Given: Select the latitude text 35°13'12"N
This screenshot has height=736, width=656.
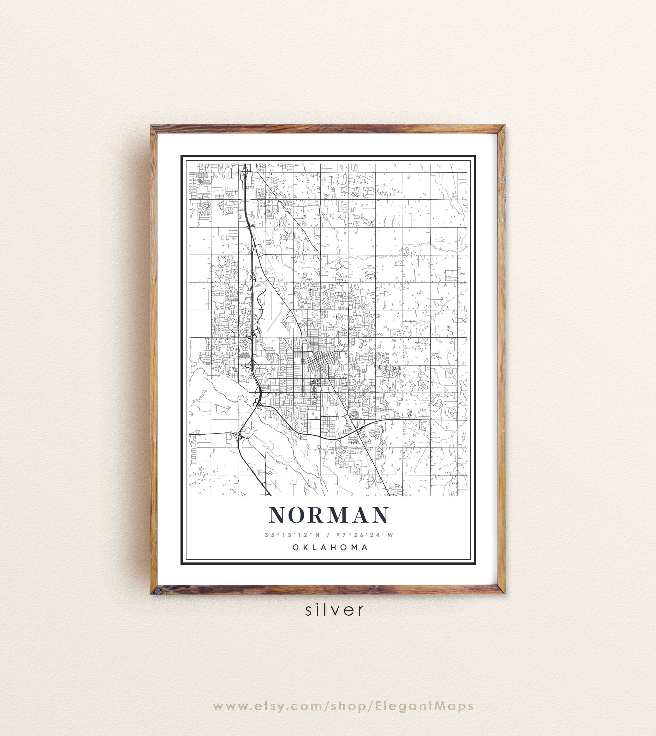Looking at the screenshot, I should [x=292, y=535].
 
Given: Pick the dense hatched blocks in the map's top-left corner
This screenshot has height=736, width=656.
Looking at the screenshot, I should [x=203, y=179].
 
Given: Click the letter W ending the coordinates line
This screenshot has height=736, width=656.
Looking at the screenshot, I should [x=390, y=535].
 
